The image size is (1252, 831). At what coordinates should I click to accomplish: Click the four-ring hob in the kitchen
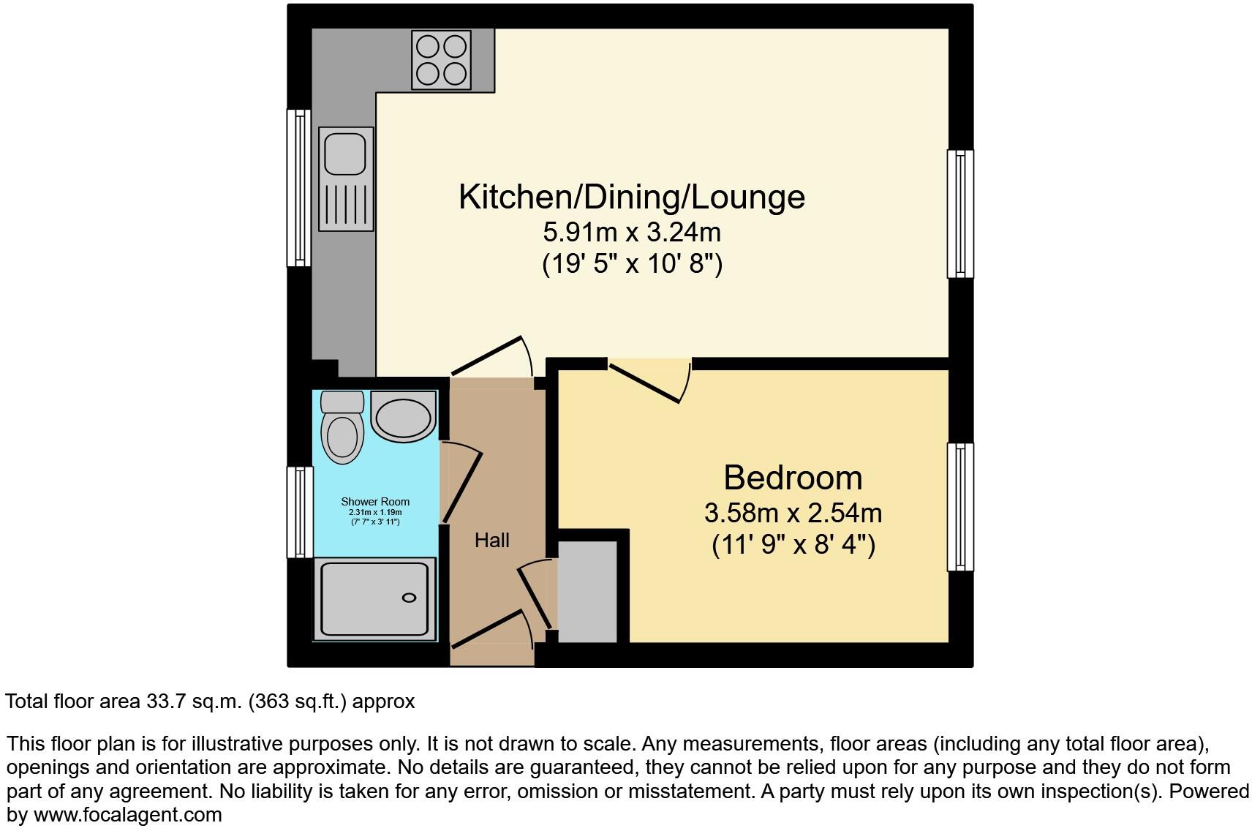tap(441, 60)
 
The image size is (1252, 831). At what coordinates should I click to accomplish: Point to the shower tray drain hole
tap(409, 598)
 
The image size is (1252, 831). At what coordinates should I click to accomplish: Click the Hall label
tap(491, 541)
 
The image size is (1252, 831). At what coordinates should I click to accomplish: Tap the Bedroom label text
tap(793, 478)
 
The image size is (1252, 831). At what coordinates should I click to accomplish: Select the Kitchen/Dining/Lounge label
tap(631, 197)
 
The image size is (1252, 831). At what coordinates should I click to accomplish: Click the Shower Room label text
tap(375, 502)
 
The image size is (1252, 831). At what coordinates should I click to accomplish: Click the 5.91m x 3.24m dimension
tap(631, 233)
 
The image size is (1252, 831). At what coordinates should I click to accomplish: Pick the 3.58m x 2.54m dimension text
tap(793, 513)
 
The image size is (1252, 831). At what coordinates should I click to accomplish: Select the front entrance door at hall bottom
tap(490, 630)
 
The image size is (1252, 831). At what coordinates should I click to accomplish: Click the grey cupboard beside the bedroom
tap(587, 592)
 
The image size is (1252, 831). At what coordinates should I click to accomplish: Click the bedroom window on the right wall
tap(960, 506)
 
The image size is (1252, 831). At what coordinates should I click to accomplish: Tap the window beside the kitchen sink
tap(298, 187)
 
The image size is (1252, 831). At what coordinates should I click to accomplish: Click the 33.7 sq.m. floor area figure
tap(194, 702)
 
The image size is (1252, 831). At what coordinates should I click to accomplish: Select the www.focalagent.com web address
tap(127, 814)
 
